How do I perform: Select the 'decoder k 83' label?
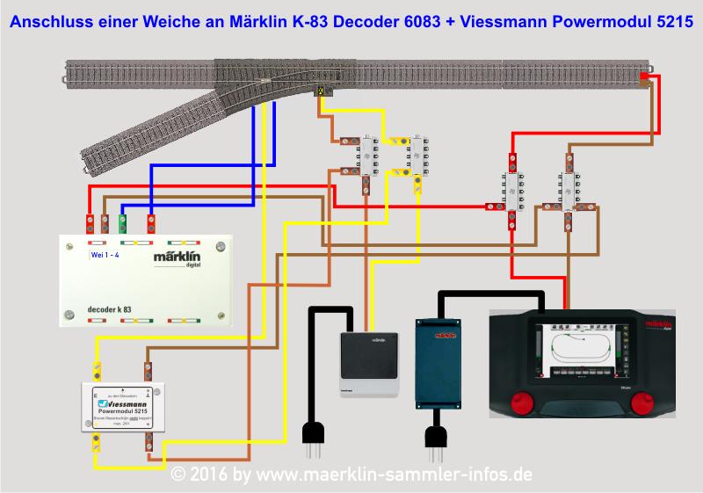point(110,309)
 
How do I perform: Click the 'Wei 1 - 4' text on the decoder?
point(106,255)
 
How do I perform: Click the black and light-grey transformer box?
point(368,360)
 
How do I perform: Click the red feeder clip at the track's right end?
point(644,77)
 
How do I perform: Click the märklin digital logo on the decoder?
point(178,261)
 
